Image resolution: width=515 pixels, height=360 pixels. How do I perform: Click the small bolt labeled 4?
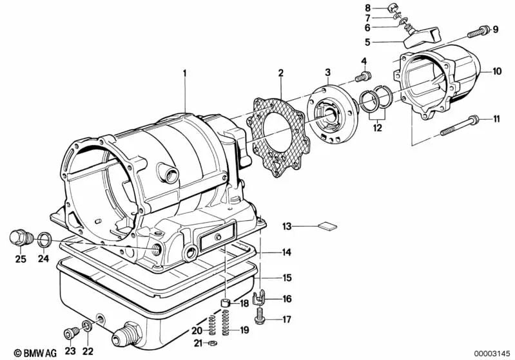(364, 77)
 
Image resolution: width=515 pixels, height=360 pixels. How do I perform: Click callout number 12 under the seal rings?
(376, 128)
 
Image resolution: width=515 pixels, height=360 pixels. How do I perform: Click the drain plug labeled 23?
(70, 333)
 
